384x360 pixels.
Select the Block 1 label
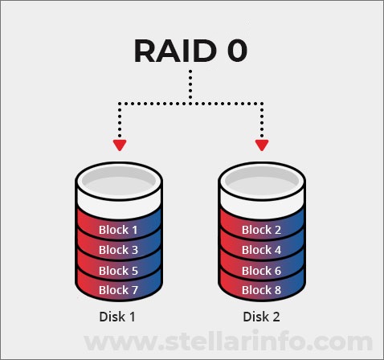click(118, 230)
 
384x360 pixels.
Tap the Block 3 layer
click(118, 250)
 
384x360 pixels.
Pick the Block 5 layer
click(118, 270)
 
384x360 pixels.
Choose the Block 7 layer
click(118, 289)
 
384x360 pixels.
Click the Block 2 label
click(262, 230)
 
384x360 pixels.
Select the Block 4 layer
click(262, 250)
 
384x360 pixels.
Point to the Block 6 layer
click(262, 270)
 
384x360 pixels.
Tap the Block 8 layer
click(262, 289)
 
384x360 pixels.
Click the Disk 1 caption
click(117, 317)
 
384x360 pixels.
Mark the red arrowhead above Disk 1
click(120, 145)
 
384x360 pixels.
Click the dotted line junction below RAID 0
click(191, 102)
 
